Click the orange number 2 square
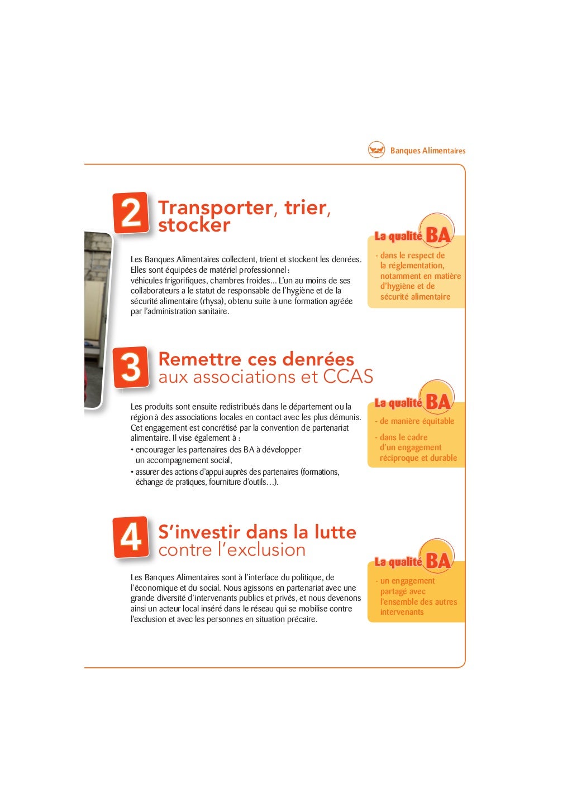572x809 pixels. [131, 213]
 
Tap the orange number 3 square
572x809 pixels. [131, 367]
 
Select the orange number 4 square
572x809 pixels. [131, 537]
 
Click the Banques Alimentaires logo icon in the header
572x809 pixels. [376, 150]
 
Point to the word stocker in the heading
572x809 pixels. [194, 225]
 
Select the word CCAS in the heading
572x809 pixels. [348, 377]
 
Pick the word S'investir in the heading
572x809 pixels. [199, 532]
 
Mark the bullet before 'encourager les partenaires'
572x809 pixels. [132, 450]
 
